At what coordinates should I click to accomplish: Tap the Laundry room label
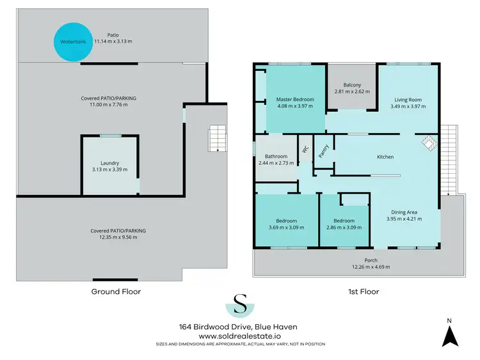pyautogui.click(x=109, y=162)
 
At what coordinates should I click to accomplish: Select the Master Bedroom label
pyautogui.click(x=294, y=100)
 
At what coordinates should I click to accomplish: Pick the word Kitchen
pyautogui.click(x=385, y=157)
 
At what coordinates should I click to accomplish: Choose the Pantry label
pyautogui.click(x=324, y=150)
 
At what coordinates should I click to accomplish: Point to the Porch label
pyautogui.click(x=371, y=260)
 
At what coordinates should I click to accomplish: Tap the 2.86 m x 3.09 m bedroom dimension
pyautogui.click(x=344, y=227)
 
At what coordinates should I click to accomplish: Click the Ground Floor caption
pyautogui.click(x=116, y=292)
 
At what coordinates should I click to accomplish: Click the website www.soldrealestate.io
pyautogui.click(x=241, y=336)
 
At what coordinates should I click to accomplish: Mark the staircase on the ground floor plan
pyautogui.click(x=217, y=137)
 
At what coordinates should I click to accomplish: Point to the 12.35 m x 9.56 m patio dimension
pyautogui.click(x=118, y=237)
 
